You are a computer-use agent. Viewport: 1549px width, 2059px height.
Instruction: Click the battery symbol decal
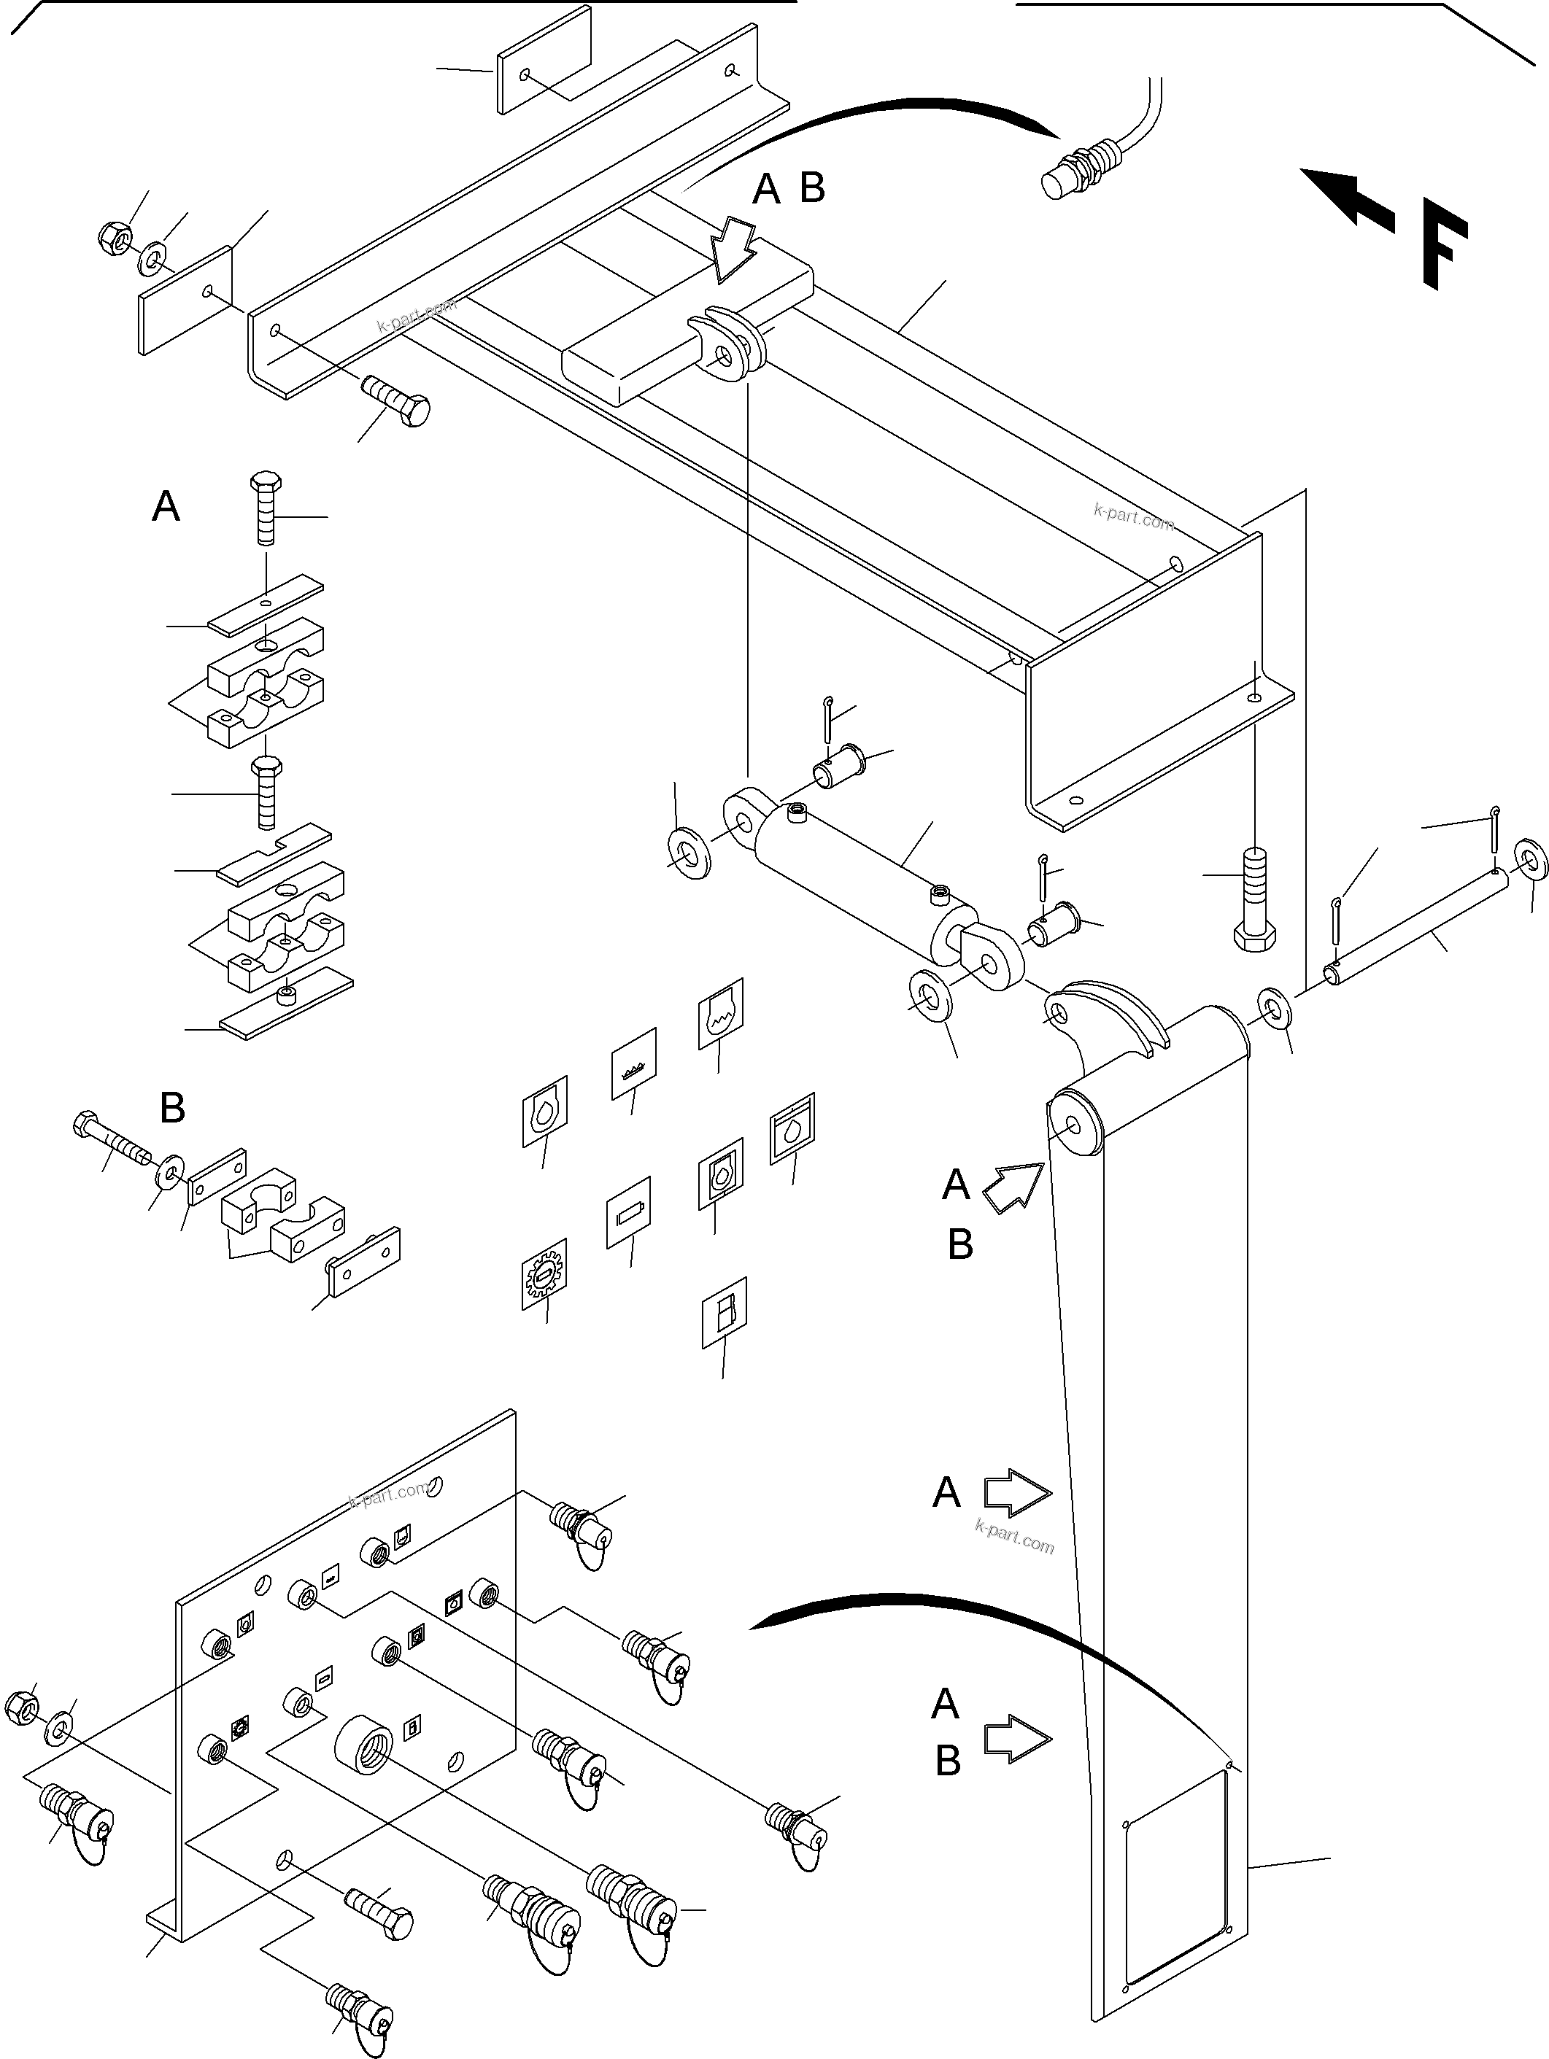(628, 1212)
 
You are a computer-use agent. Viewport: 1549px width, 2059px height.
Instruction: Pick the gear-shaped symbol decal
(544, 1274)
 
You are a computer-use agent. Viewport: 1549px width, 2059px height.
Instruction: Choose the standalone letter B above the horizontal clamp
(173, 1108)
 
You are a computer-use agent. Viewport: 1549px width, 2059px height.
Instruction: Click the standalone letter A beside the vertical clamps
(166, 508)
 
